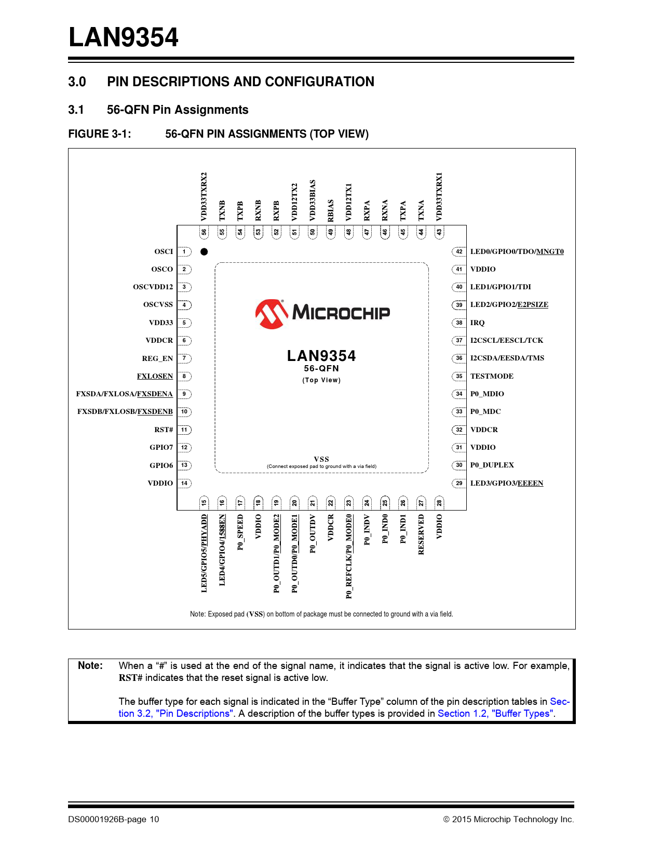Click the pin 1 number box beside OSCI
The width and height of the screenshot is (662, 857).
point(184,252)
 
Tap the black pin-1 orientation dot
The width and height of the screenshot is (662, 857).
point(204,252)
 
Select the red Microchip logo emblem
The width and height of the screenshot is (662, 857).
point(272,314)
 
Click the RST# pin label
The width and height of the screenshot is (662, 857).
point(164,430)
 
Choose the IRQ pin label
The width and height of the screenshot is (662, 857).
point(477,323)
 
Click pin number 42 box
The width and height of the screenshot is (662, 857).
point(459,252)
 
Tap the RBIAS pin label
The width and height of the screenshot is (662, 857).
point(331,210)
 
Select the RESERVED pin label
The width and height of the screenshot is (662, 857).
point(421,534)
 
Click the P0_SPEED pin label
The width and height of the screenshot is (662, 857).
point(240,532)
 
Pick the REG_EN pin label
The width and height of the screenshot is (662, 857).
point(157,358)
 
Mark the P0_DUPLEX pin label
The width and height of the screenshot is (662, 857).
point(492,465)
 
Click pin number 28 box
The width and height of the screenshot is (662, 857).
point(439,502)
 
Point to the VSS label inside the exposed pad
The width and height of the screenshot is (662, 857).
point(321,459)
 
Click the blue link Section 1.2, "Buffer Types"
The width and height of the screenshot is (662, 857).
point(496,714)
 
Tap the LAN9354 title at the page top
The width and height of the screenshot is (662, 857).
point(124,37)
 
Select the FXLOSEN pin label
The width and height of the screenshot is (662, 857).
point(155,376)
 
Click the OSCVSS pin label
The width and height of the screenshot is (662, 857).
point(158,305)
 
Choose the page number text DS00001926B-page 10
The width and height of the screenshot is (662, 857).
point(114,819)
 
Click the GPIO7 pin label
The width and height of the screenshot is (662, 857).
point(161,447)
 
